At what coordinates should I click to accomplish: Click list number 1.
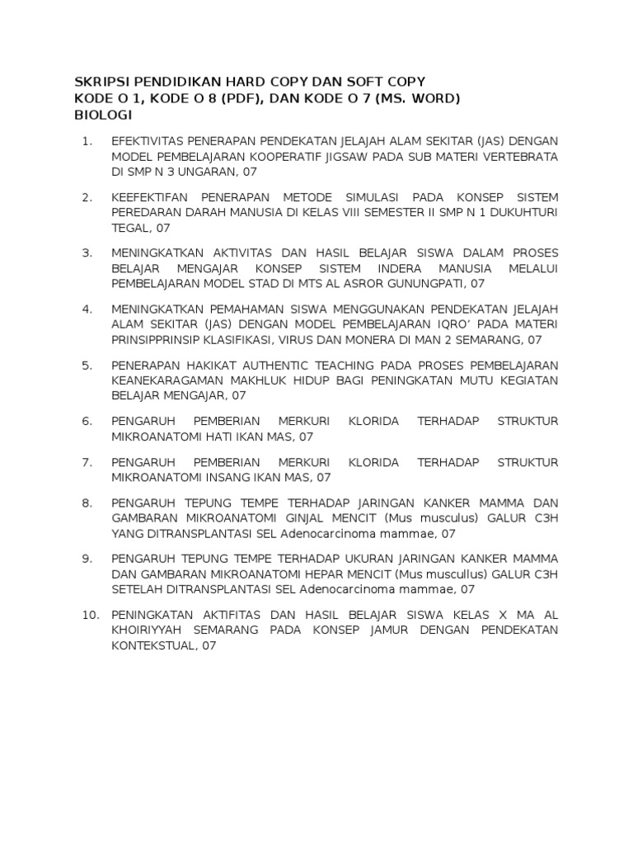pos(88,141)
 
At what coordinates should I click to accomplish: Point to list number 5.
pos(87,365)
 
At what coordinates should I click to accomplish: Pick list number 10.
pos(91,616)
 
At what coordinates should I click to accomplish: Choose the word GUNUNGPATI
pos(419,284)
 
